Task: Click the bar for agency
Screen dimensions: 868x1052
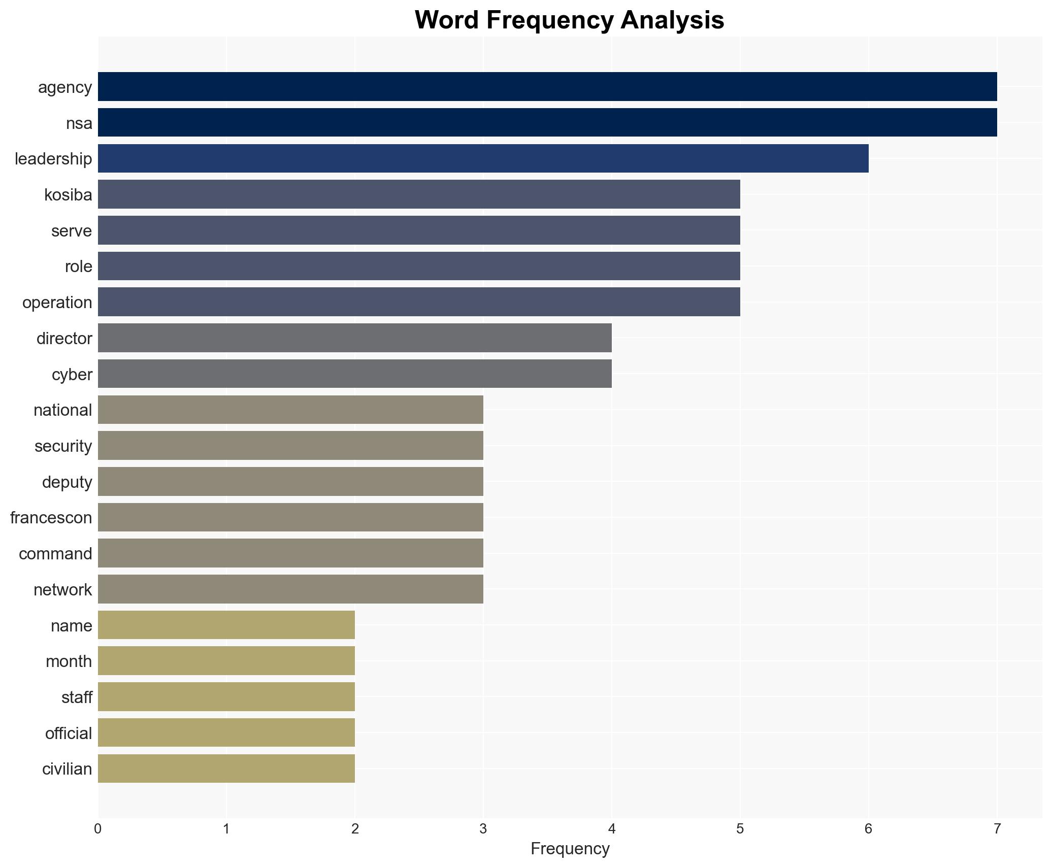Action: click(547, 86)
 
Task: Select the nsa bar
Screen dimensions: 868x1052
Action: click(547, 122)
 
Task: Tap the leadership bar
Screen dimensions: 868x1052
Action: click(483, 158)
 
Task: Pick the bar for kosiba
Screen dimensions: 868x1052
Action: click(419, 194)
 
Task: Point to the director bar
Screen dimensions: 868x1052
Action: click(354, 338)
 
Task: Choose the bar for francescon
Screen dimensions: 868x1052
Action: click(290, 517)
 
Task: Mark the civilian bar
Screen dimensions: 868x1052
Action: click(226, 769)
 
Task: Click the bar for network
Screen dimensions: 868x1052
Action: click(290, 589)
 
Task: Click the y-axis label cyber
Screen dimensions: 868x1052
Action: click(72, 374)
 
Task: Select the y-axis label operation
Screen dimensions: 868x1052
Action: click(57, 303)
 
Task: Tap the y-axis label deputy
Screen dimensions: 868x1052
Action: click(67, 482)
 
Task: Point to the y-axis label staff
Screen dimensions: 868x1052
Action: click(77, 697)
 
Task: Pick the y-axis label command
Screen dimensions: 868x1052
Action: click(55, 553)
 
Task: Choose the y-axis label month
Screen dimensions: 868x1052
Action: click(69, 661)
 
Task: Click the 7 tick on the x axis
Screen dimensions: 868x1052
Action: click(997, 829)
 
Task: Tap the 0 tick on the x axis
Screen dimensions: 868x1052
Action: click(98, 829)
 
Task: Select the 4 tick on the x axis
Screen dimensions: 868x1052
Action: click(612, 829)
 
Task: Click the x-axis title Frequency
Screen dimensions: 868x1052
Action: click(570, 849)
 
